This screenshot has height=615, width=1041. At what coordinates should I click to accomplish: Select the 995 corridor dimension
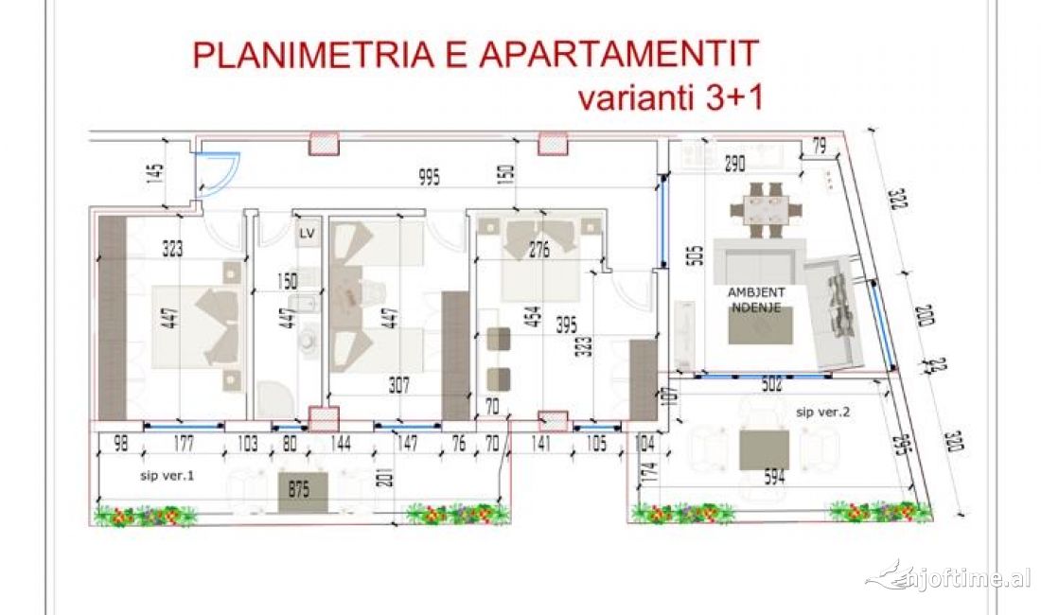coord(430,179)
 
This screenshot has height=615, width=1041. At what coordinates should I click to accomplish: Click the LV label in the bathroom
coord(307,233)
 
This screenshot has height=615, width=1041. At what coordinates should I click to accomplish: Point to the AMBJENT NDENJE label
coord(754,300)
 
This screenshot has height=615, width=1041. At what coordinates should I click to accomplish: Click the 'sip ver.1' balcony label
coord(164,476)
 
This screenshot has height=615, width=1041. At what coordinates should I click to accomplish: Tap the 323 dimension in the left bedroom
coord(172,250)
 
